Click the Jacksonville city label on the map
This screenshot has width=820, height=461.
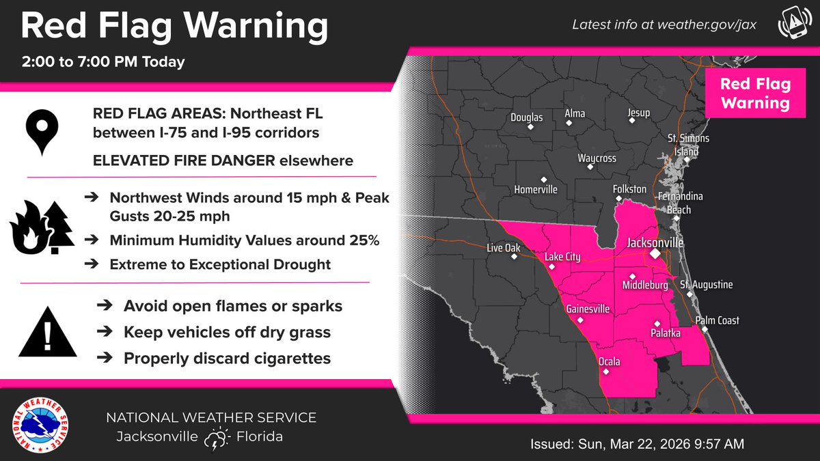coord(655,242)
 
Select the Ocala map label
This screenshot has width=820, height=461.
coord(610,361)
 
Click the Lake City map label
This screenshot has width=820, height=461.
coord(562,257)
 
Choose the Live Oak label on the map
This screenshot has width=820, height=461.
coord(504,248)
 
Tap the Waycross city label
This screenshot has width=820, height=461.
coord(597,158)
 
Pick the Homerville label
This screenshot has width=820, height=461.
coord(536,189)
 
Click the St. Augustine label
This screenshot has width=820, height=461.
coord(706,284)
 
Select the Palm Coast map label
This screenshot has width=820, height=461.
coord(717,320)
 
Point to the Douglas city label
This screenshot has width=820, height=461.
coord(527,117)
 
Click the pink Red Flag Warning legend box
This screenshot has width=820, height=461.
coord(755,94)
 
